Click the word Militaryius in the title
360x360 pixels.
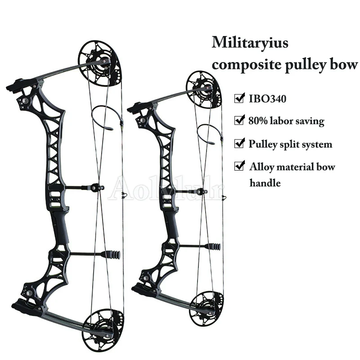point(250,44)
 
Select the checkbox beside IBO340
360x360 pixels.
point(239,97)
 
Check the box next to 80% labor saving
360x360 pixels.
point(239,121)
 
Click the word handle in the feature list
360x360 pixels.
point(265,183)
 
